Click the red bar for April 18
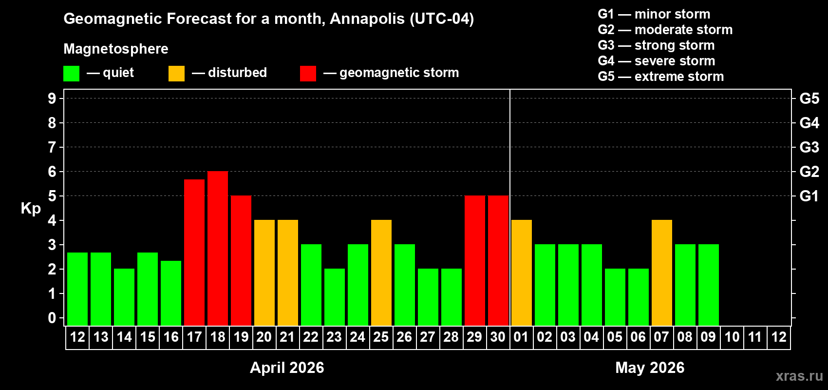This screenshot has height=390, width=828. pos(218,248)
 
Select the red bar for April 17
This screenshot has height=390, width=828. pos(194,252)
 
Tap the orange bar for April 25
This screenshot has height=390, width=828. pos(381,273)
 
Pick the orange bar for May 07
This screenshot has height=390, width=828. pos(662,273)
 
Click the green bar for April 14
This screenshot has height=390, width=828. pos(124,297)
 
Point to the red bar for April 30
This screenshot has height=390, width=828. pos(498,260)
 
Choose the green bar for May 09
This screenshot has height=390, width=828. pos(709,285)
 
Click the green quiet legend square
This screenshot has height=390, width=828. pos(72,74)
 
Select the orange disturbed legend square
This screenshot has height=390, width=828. pos(176,74)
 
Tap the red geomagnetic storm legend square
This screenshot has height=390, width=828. pos(308,74)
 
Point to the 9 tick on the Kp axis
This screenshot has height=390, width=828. pos(52,98)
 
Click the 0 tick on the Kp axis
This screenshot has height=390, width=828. pos(52,318)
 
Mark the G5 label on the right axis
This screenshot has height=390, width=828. pos(809,98)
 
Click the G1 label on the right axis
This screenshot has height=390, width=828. pos(809,196)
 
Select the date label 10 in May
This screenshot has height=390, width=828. pos(732,337)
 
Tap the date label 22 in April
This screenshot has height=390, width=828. pos(311,337)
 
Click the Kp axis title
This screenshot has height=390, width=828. pos(31,208)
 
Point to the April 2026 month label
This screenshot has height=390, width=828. pos(287,368)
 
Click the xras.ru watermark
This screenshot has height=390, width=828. pos(799,376)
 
